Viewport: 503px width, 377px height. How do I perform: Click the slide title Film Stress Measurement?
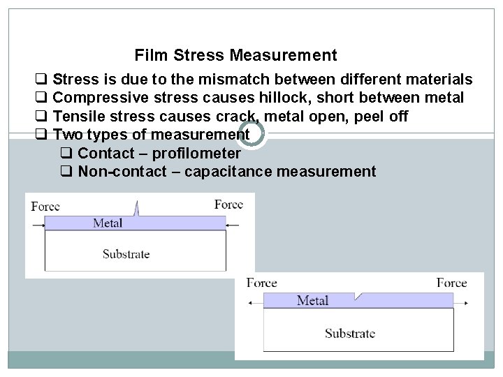[235, 55]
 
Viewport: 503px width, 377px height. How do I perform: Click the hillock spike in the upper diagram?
[138, 208]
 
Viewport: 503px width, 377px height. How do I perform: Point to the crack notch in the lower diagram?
[358, 296]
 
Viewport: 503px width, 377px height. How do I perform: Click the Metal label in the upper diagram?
[108, 223]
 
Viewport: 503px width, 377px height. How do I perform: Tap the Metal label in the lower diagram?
[312, 300]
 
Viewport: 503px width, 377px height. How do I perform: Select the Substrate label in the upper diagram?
[126, 253]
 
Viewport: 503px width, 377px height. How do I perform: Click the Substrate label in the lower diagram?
[349, 333]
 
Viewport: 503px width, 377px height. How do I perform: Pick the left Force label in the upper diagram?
[45, 206]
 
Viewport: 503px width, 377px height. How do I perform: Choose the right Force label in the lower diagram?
[451, 283]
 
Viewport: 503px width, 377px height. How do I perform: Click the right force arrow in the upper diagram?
[233, 225]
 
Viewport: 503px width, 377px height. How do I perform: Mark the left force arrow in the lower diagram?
[255, 302]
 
